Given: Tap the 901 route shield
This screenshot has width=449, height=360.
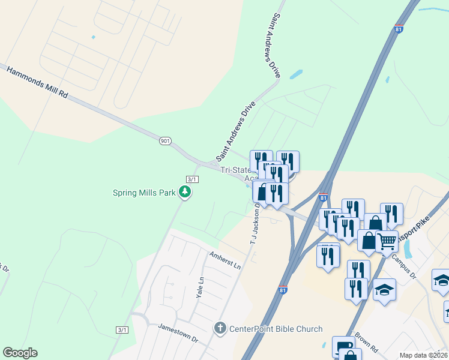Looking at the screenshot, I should (x=166, y=140).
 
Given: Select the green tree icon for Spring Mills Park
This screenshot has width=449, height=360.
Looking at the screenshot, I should (x=186, y=192).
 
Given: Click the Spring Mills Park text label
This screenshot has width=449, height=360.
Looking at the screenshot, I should (x=144, y=193).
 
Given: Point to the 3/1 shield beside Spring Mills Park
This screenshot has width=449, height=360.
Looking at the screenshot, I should (x=192, y=179).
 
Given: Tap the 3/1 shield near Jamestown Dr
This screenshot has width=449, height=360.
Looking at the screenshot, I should (x=122, y=330).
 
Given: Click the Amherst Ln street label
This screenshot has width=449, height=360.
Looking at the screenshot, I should (x=224, y=260).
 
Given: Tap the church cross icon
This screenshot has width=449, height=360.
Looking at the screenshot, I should (x=220, y=328).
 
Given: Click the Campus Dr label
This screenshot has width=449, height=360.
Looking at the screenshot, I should (x=403, y=268).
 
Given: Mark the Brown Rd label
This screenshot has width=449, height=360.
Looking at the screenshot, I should (x=365, y=342).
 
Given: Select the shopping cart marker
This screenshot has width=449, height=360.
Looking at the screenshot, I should (x=387, y=241).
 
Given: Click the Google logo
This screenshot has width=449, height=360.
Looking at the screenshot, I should (x=20, y=353).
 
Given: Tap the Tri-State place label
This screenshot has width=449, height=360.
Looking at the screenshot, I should (x=234, y=170).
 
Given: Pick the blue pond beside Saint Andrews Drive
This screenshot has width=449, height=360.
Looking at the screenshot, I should (x=295, y=76).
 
